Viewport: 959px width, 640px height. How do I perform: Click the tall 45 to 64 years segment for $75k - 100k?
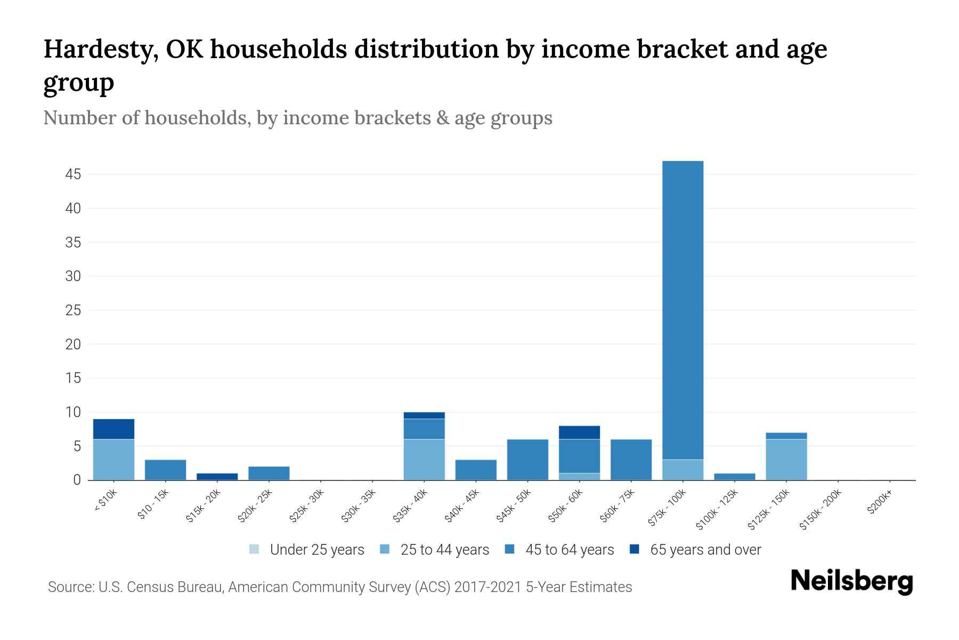click(x=682, y=309)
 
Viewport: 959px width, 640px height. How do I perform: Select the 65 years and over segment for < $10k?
click(x=113, y=429)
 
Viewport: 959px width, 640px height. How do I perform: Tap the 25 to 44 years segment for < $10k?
click(x=113, y=459)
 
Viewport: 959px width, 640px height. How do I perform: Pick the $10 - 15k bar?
click(x=165, y=470)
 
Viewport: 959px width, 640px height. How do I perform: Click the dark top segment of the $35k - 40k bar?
click(x=424, y=415)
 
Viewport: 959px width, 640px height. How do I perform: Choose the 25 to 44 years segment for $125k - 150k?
click(x=786, y=459)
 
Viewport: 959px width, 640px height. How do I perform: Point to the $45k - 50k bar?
click(x=527, y=459)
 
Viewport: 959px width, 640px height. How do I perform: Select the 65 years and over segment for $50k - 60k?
click(x=579, y=432)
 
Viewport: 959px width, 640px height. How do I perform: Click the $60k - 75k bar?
click(x=631, y=459)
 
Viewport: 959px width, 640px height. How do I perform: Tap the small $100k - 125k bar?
click(x=734, y=476)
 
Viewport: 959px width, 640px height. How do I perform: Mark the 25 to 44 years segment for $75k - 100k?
click(x=682, y=469)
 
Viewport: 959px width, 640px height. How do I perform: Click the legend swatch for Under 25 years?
click(x=254, y=549)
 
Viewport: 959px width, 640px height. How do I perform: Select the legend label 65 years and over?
click(x=705, y=549)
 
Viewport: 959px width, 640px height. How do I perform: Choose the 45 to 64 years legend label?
click(x=570, y=549)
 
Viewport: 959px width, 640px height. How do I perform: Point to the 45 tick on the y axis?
click(x=73, y=174)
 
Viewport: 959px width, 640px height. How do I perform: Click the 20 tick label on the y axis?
click(x=73, y=345)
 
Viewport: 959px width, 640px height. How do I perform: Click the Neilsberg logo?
click(x=851, y=581)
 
